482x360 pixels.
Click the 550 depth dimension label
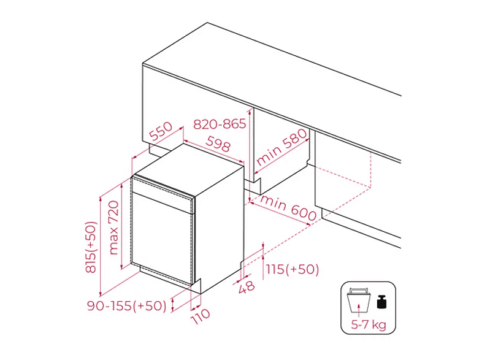pos(161,131)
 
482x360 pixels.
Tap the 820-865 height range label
pos(220,124)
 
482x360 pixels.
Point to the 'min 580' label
pos(281,147)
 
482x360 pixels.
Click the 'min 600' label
pos(288,208)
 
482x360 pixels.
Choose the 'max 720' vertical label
pos(113,228)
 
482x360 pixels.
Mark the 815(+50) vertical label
pos(91,247)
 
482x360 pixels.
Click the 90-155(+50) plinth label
pos(127,306)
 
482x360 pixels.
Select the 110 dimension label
pos(201,316)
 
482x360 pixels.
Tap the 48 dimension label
pos(247,287)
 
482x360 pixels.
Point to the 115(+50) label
pos(293,269)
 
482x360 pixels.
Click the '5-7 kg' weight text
pos(369,324)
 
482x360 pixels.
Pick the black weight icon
pos(381,302)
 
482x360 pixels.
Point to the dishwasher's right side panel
pos(219,229)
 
